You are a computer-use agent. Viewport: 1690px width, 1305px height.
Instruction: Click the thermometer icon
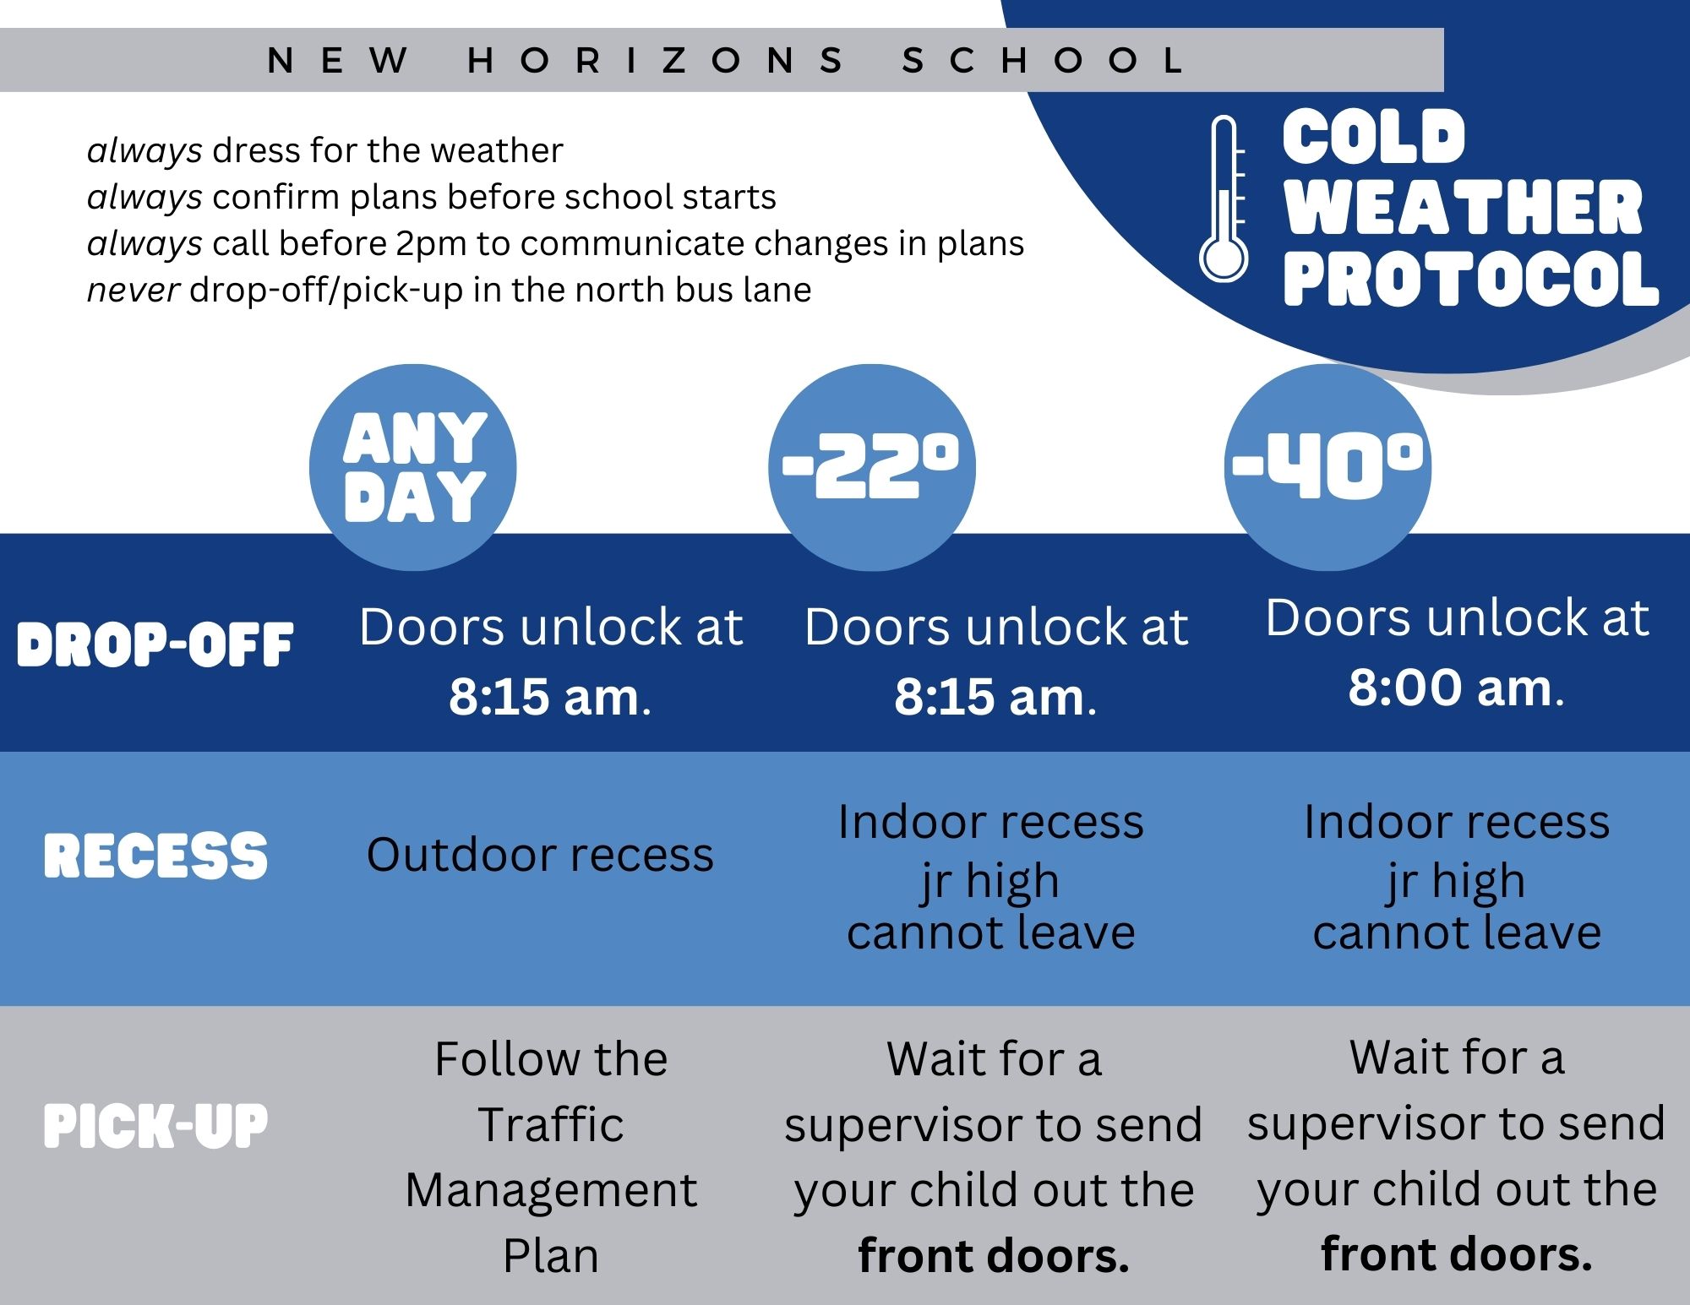pyautogui.click(x=1223, y=198)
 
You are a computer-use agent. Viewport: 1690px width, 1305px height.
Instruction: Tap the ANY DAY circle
pyautogui.click(x=413, y=467)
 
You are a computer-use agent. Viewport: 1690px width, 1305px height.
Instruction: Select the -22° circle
pyautogui.click(x=871, y=467)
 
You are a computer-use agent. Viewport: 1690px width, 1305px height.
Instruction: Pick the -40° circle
pyautogui.click(x=1327, y=467)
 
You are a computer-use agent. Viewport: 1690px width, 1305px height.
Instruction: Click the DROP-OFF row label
pyautogui.click(x=155, y=644)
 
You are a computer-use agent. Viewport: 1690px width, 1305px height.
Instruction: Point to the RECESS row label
pyautogui.click(x=155, y=855)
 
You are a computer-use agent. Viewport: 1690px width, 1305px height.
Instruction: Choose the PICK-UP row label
pyautogui.click(x=155, y=1125)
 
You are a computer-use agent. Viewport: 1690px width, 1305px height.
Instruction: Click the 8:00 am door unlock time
pyautogui.click(x=1450, y=688)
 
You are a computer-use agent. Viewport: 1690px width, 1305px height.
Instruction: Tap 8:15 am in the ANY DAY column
pyautogui.click(x=544, y=697)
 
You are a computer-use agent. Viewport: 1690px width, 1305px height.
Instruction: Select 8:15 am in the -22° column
pyautogui.click(x=989, y=697)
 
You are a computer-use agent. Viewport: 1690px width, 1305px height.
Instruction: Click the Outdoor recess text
pyautogui.click(x=540, y=855)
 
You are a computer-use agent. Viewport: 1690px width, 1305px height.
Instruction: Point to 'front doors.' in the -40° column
pyautogui.click(x=1457, y=1253)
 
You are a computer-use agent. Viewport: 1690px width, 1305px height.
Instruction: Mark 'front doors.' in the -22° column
pyautogui.click(x=994, y=1255)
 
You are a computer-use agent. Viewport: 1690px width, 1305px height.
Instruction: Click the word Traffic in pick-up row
pyautogui.click(x=551, y=1124)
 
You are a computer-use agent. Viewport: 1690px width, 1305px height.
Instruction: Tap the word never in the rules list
pyautogui.click(x=133, y=290)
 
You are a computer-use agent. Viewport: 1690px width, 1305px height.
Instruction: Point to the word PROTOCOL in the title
pyautogui.click(x=1471, y=279)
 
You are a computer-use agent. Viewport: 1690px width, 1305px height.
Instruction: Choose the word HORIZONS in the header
pyautogui.click(x=656, y=60)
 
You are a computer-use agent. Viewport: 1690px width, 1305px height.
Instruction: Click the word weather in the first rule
pyautogui.click(x=496, y=150)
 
